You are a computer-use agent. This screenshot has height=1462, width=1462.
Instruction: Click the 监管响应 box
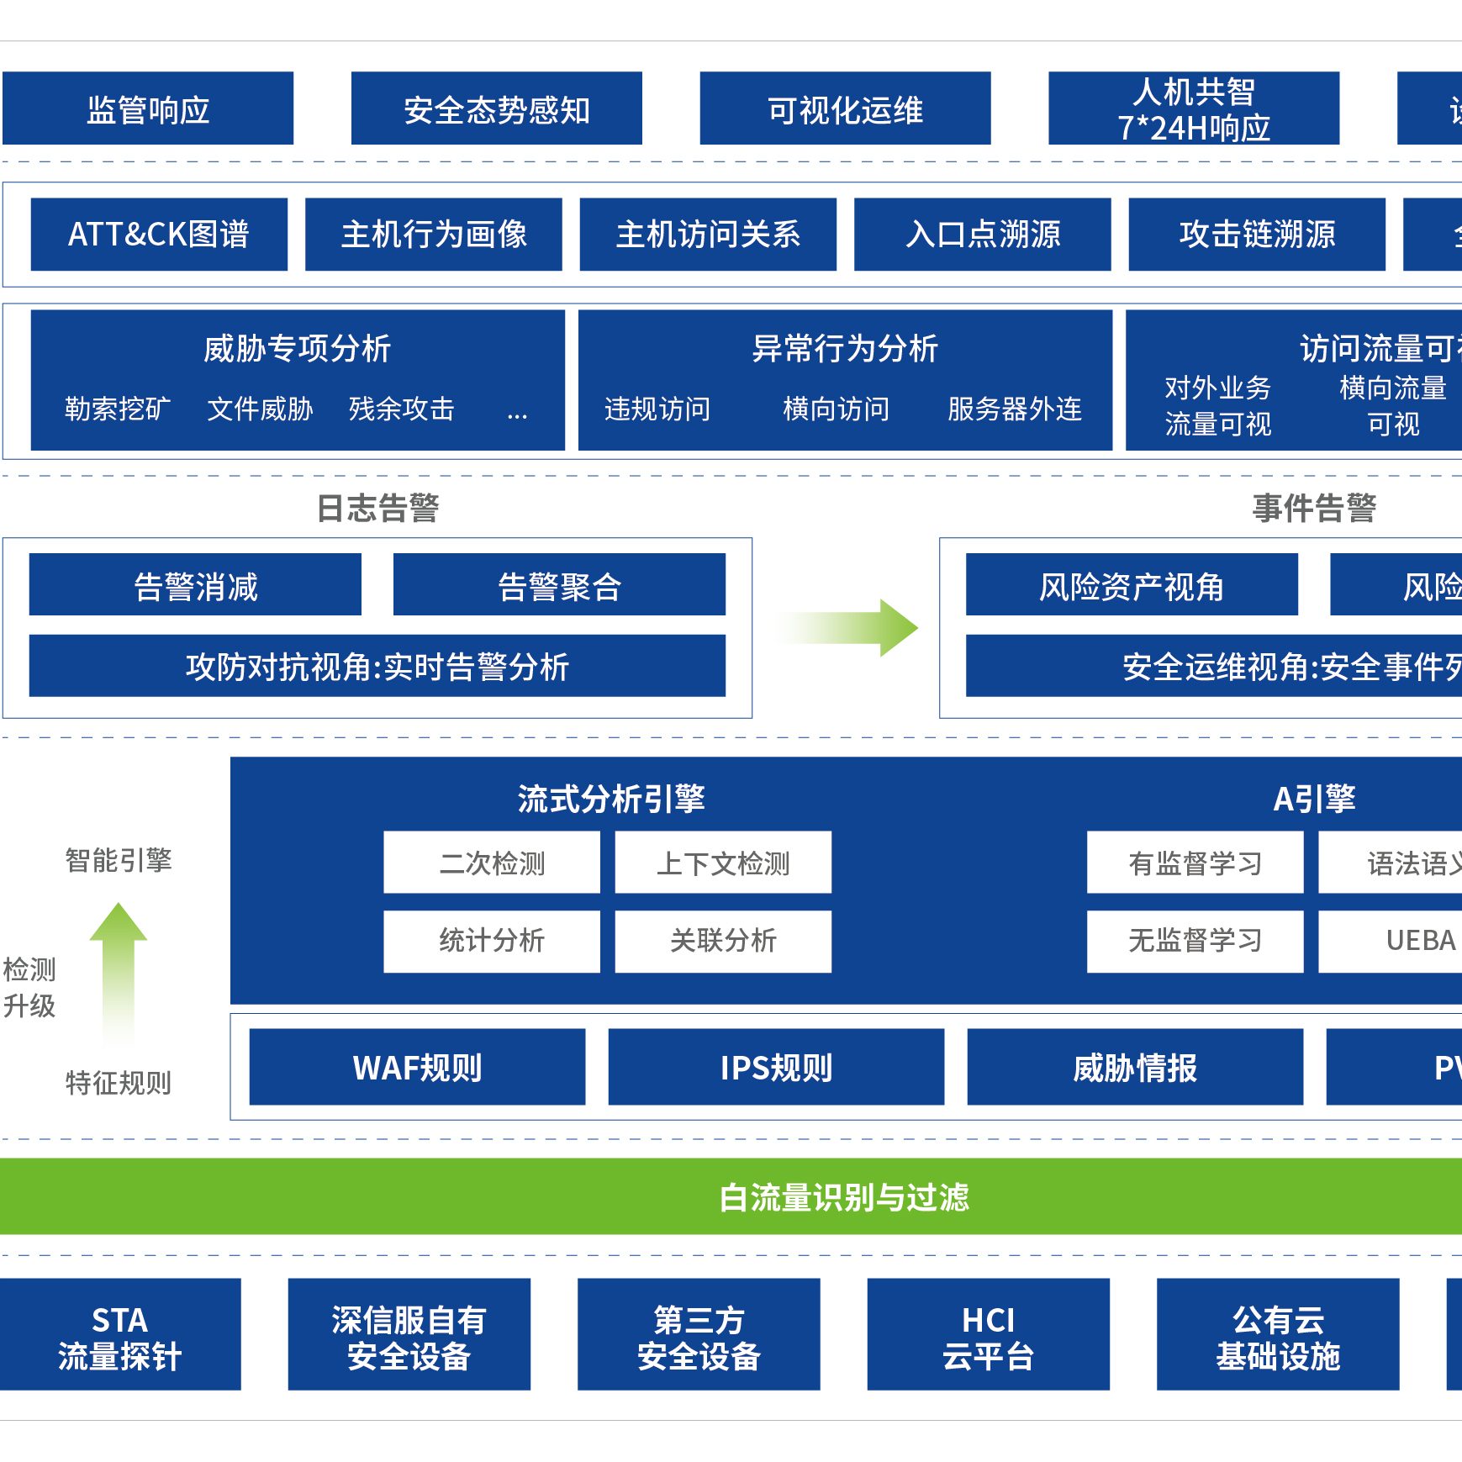click(148, 108)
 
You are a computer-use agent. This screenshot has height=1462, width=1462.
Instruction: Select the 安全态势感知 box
click(496, 108)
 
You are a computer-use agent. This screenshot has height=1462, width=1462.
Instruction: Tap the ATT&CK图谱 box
click(159, 234)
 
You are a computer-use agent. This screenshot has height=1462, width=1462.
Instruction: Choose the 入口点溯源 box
click(982, 234)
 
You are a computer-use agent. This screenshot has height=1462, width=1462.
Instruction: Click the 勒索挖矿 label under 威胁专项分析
click(118, 409)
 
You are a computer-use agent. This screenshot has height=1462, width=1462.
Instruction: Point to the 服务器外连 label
click(1014, 409)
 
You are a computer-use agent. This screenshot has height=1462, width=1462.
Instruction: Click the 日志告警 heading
click(377, 508)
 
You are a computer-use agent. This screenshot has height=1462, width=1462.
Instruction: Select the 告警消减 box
click(195, 585)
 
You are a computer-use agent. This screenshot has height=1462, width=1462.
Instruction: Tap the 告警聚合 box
click(559, 585)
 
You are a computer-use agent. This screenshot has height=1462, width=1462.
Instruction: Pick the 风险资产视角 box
click(1131, 585)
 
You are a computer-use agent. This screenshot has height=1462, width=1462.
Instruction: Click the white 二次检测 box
click(492, 863)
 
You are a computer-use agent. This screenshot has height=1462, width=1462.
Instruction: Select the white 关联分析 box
click(723, 941)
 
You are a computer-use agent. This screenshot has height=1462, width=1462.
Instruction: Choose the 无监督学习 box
click(1195, 941)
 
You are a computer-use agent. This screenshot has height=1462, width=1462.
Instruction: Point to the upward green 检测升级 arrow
click(119, 967)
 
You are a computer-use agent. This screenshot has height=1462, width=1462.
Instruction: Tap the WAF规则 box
click(417, 1067)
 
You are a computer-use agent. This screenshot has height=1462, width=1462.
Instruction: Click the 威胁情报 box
click(1135, 1067)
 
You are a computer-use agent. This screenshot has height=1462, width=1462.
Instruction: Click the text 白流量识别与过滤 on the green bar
click(844, 1197)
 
